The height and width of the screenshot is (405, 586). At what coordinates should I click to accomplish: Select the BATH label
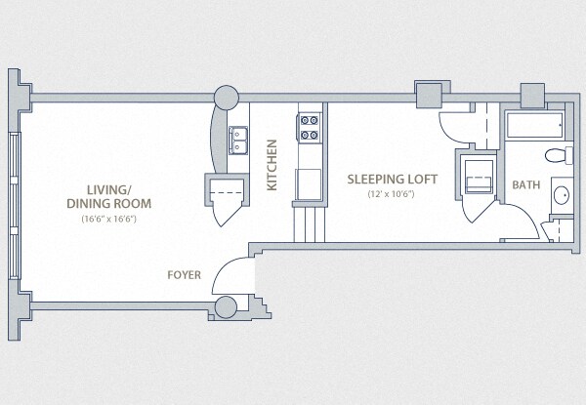click(x=525, y=184)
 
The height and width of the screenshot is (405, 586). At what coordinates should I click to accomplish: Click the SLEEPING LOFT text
click(x=393, y=180)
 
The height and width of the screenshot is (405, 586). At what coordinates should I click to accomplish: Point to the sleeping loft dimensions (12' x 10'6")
click(x=393, y=194)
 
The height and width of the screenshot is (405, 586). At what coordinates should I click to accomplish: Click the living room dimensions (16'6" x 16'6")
click(x=108, y=219)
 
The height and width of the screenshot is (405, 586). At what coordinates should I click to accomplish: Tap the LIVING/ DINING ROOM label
click(x=109, y=196)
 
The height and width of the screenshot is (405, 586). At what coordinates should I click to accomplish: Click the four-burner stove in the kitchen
click(x=310, y=128)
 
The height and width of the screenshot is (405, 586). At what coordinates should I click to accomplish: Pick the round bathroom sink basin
click(x=562, y=195)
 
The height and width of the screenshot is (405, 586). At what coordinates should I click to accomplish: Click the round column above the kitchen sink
click(x=226, y=97)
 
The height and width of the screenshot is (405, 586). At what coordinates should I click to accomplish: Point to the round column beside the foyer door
click(x=226, y=307)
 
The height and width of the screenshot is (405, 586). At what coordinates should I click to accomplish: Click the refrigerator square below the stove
click(x=310, y=182)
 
